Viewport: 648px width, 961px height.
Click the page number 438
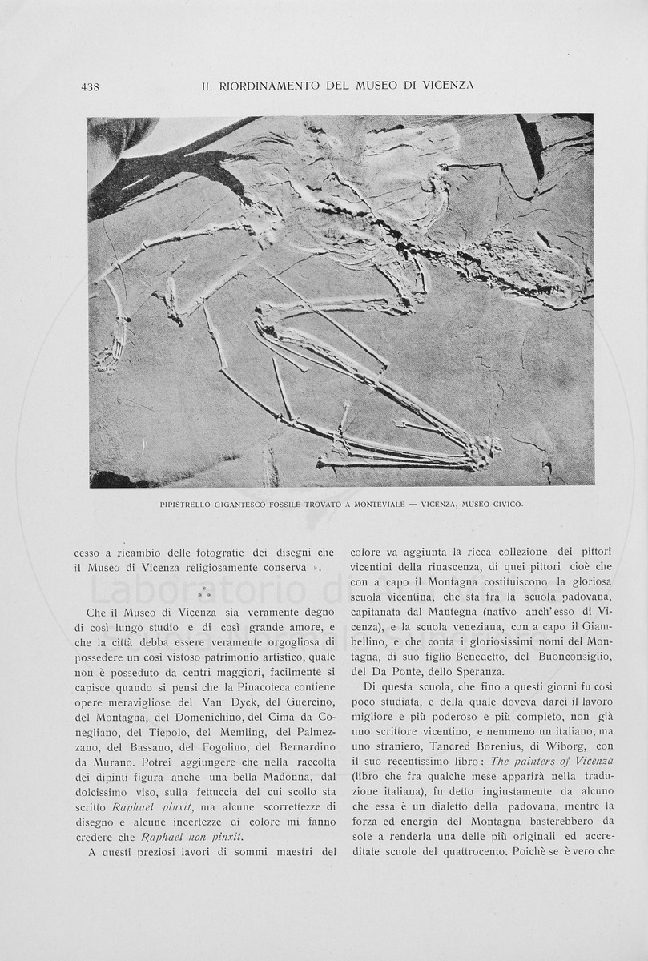(90, 86)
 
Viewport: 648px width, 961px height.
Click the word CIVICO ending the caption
(505, 505)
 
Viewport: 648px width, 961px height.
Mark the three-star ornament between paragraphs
(204, 593)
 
